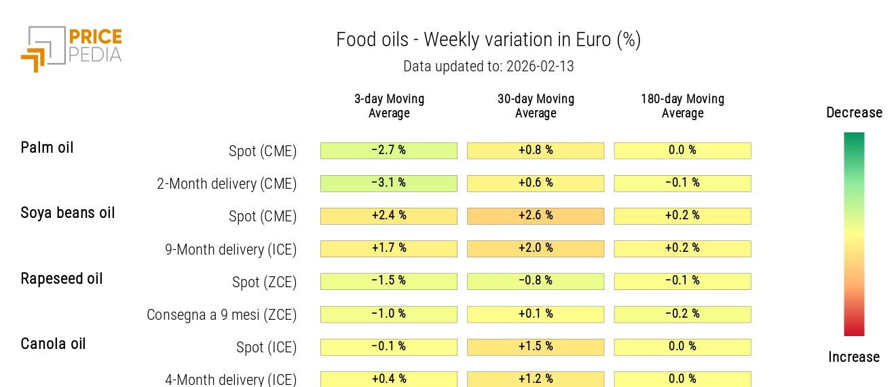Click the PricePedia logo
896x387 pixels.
(x=71, y=48)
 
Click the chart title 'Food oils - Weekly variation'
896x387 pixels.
(x=488, y=40)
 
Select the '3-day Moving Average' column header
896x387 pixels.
(x=389, y=106)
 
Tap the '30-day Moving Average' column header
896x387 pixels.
(x=536, y=106)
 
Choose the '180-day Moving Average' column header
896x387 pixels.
(x=682, y=106)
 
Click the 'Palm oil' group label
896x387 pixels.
(x=47, y=148)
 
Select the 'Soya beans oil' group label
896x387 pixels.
(x=68, y=213)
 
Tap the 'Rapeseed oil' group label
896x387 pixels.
(x=62, y=278)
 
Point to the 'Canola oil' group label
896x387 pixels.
(x=53, y=344)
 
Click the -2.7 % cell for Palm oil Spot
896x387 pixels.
(x=389, y=151)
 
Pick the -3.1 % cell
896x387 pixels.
(x=389, y=183)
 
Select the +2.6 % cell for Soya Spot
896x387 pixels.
(x=536, y=216)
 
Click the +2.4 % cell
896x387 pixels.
(x=389, y=216)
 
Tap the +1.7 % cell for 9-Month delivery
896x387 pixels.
(x=389, y=248)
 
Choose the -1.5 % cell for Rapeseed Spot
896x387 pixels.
(x=389, y=281)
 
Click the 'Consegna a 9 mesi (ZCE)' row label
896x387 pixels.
(x=221, y=315)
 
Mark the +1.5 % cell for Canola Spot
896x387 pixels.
(x=536, y=347)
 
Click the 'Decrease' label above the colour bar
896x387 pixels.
(x=854, y=113)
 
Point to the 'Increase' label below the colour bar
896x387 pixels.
(x=854, y=357)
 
